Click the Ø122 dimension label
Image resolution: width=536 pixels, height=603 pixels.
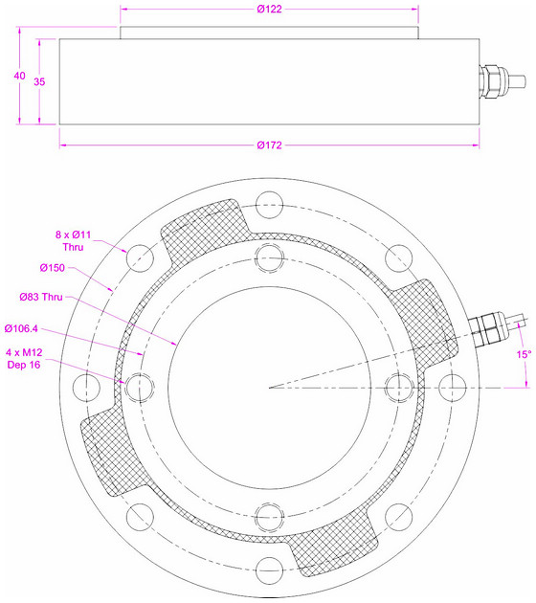[269, 9]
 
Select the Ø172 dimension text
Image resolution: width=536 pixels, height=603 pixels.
[269, 145]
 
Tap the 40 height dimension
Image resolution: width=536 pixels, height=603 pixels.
[19, 76]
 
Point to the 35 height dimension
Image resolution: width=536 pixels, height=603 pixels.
[39, 81]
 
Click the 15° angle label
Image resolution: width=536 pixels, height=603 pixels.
[524, 354]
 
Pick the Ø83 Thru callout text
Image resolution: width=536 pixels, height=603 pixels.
[41, 297]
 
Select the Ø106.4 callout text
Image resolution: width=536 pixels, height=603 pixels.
[21, 328]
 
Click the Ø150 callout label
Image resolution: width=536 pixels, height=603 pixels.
[53, 268]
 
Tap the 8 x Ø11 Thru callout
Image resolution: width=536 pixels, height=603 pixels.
[73, 241]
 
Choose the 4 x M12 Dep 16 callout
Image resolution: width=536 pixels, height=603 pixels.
[24, 358]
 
